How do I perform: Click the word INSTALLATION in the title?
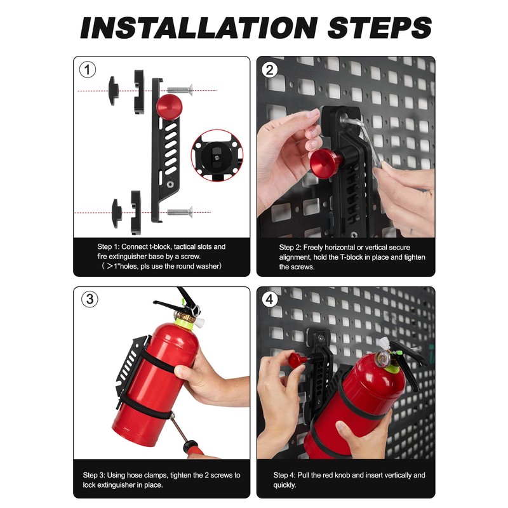(x=199, y=28)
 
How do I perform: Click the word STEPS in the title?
(x=379, y=28)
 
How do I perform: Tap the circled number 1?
(x=88, y=70)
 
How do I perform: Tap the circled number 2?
(x=269, y=70)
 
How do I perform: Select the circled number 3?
(x=90, y=299)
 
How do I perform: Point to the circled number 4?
(x=269, y=299)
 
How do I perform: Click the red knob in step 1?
(x=169, y=107)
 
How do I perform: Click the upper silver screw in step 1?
(x=180, y=90)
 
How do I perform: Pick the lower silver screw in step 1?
(x=180, y=212)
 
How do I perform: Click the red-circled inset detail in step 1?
(x=217, y=155)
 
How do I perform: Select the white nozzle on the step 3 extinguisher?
(x=199, y=323)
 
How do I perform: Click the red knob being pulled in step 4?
(x=297, y=360)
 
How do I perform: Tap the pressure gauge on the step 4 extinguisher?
(x=382, y=358)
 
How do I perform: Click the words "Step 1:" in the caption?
(x=108, y=247)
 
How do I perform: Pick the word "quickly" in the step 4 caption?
(x=284, y=485)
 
